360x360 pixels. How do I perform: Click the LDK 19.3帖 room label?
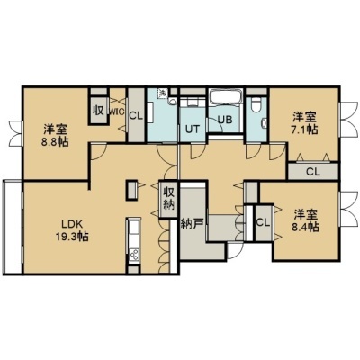(72, 230)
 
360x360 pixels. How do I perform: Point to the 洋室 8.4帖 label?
(305, 220)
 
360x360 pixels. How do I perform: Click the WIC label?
(116, 112)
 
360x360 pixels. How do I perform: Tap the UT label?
(192, 129)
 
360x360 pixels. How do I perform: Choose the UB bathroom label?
(225, 120)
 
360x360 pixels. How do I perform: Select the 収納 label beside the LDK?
(168, 198)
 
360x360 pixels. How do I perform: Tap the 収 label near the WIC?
(98, 111)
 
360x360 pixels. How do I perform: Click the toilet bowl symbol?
(256, 104)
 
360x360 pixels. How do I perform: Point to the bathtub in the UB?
(225, 97)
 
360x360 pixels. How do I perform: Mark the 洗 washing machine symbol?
(162, 93)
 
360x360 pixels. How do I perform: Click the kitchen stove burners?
(133, 255)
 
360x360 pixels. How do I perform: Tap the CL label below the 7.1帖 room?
(313, 172)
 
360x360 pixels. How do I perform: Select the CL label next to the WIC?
(136, 116)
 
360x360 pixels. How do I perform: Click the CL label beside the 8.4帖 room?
(263, 222)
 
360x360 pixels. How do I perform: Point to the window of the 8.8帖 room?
(17, 133)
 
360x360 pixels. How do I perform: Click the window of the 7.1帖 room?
(348, 120)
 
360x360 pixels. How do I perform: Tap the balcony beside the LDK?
(12, 227)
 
